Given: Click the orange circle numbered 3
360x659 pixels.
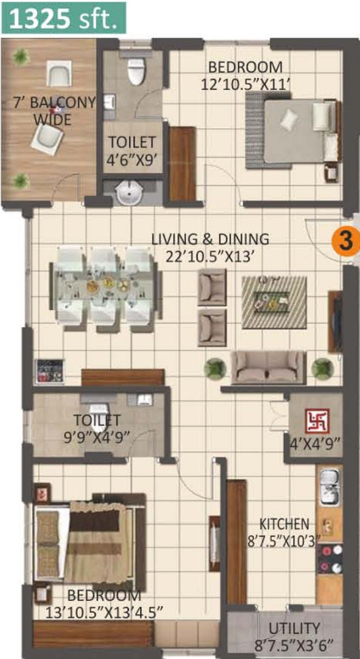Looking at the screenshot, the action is tap(345, 242).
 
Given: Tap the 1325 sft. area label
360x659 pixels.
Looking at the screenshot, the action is tap(63, 17).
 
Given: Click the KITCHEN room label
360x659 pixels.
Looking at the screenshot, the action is tap(285, 524).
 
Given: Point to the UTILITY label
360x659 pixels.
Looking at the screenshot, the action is tap(293, 629).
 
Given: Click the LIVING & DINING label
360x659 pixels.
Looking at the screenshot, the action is tap(210, 239).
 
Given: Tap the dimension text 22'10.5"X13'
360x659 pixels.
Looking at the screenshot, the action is tap(210, 255).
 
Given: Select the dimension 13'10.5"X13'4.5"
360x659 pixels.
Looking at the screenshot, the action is tap(104, 611).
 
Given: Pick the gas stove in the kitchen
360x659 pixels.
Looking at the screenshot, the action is tap(330, 559).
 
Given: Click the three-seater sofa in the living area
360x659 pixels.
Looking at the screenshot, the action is tap(268, 366).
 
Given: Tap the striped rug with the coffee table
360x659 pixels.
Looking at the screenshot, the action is tap(273, 302).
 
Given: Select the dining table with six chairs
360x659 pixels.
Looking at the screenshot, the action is tap(106, 289).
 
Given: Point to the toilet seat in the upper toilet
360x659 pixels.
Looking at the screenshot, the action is tap(136, 72).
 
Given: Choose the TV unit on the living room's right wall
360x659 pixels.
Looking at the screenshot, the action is tap(334, 321).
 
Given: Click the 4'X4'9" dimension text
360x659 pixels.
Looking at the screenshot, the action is tap(315, 443).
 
